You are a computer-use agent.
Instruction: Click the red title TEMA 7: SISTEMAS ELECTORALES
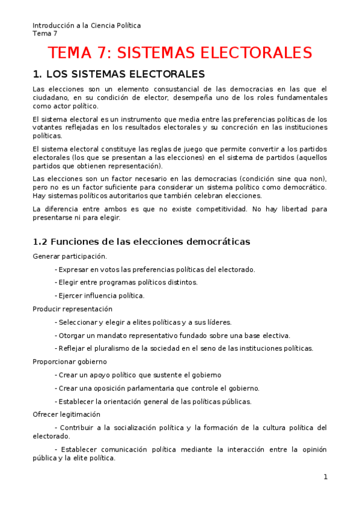coord(180,53)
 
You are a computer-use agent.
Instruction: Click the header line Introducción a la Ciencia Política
coord(87,25)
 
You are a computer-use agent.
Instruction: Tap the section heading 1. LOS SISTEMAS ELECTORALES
coord(118,75)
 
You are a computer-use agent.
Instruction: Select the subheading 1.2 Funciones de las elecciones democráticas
coord(141,241)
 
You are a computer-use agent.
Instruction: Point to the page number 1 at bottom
coord(325,477)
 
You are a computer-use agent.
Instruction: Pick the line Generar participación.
coord(70,256)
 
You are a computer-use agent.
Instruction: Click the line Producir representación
coord(72,309)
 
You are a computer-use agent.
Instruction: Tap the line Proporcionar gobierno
coord(70,361)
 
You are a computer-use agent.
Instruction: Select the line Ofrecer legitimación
coord(66,414)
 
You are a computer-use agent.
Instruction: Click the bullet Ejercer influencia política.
coord(101,296)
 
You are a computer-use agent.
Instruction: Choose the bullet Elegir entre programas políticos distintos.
coord(127,282)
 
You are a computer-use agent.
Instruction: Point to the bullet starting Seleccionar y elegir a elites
coord(144,322)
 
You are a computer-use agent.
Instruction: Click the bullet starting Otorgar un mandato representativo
coord(174,336)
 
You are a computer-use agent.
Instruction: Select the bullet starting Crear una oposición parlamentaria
coord(158,389)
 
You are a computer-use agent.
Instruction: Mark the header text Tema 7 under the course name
coord(44,33)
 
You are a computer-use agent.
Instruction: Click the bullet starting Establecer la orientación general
coord(154,402)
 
